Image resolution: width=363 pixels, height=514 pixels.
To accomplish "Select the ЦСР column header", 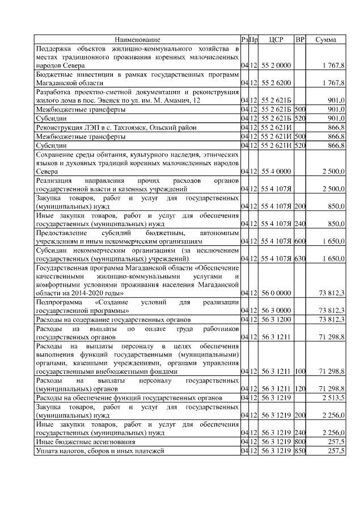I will pos(276,40).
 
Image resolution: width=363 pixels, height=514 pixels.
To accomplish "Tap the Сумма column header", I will pos(326,40).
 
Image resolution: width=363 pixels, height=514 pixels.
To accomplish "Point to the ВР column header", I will pos(300,40).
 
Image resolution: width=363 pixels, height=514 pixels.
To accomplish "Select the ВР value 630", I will pos(300,258).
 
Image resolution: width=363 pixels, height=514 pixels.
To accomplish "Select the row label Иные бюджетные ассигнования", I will pos(85,441).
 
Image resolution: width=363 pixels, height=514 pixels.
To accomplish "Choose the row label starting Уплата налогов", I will pos(99,450).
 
